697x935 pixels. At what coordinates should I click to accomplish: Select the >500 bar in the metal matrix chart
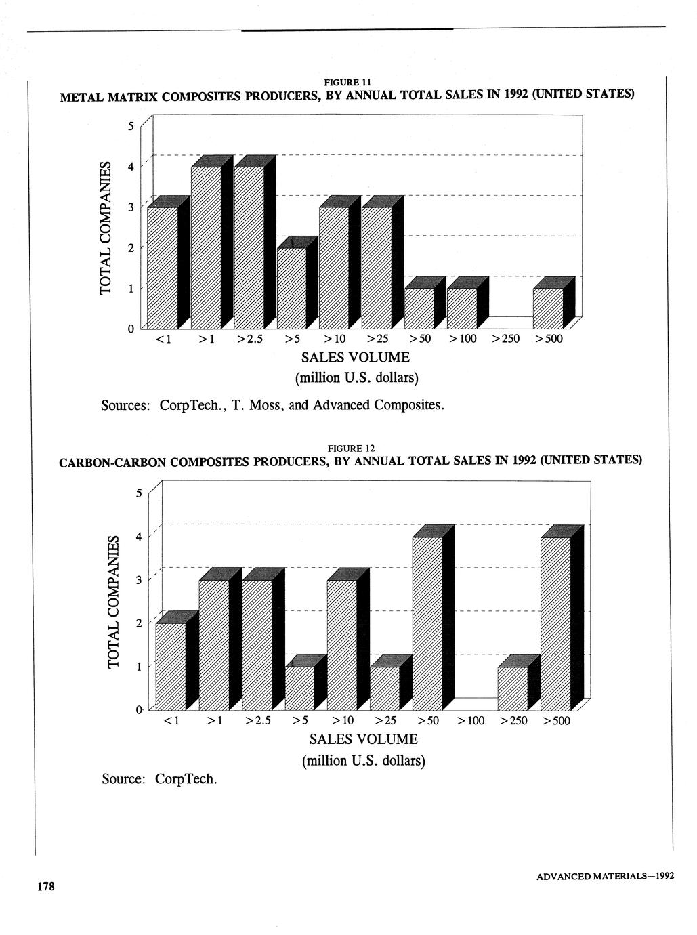[548, 308]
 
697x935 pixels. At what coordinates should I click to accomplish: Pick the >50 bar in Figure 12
[427, 623]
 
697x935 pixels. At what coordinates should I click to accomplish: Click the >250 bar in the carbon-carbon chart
[513, 688]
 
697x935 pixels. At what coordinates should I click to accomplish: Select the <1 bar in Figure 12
[171, 666]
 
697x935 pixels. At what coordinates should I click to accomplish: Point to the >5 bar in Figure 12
[299, 688]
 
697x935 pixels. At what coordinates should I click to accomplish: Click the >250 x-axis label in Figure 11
[505, 339]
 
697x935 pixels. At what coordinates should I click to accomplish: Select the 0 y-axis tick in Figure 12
[139, 709]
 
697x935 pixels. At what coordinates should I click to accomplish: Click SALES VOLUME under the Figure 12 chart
[363, 739]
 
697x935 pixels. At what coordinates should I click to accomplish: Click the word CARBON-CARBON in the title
[112, 463]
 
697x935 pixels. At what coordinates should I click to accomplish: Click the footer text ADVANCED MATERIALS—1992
[605, 876]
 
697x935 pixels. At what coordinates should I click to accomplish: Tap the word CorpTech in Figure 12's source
[186, 779]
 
